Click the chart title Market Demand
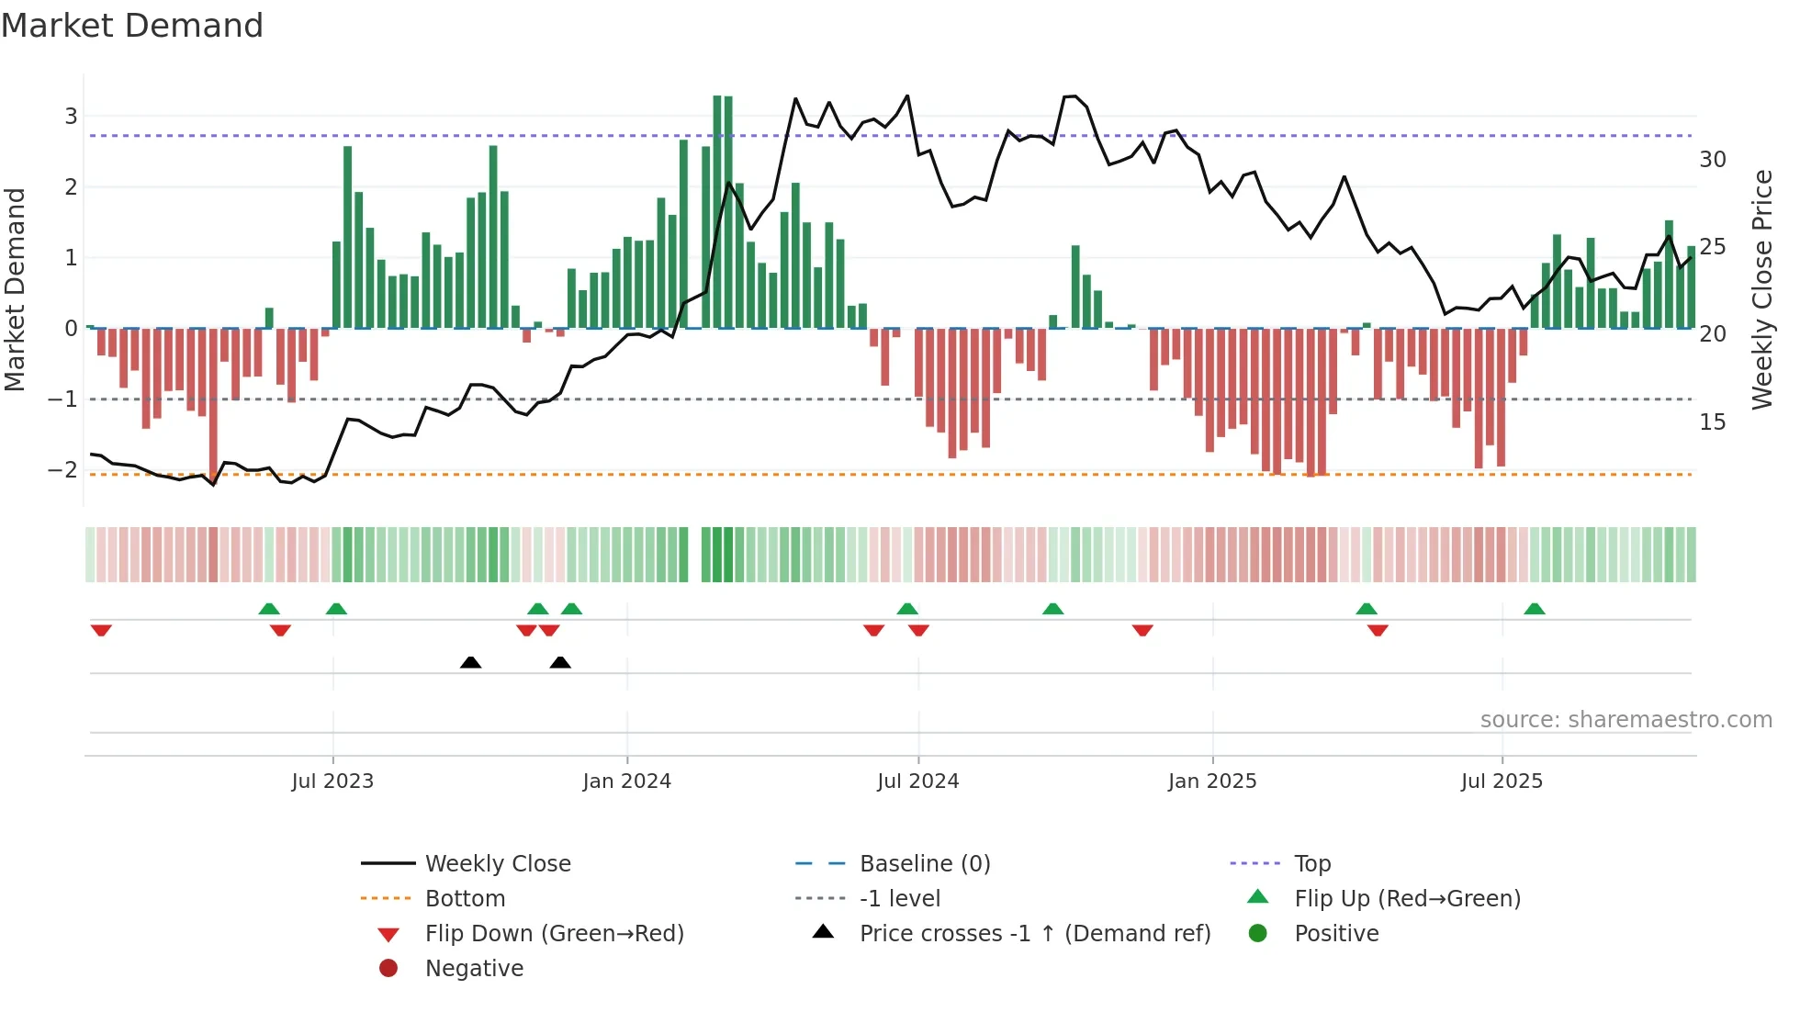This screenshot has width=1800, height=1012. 132,26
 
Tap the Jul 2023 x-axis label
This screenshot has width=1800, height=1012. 332,781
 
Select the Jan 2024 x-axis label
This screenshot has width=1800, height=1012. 626,781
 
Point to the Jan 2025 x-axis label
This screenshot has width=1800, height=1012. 1211,781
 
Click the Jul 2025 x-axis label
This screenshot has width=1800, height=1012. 1502,781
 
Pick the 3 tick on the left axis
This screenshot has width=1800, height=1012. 71,117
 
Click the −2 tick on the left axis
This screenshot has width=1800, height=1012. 63,470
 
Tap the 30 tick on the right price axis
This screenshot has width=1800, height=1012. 1712,160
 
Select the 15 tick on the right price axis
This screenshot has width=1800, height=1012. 1712,422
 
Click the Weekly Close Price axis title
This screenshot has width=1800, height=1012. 1761,289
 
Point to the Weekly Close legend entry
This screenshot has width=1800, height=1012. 497,864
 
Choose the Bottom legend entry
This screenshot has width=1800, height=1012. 465,899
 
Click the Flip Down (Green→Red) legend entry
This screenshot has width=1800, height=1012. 554,934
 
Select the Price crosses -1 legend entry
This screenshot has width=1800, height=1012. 1034,934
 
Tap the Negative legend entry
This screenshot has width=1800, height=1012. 474,969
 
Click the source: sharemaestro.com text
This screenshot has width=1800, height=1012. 1626,720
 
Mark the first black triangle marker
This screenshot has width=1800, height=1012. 470,663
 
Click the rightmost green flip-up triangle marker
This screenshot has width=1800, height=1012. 1534,609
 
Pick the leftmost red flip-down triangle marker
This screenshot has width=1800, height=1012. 101,630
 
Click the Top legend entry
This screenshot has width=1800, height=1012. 1311,864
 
